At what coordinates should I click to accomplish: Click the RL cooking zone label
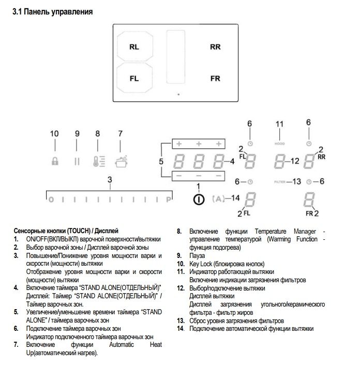134,47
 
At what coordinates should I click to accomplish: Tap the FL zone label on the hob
134,79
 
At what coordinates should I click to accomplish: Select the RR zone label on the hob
215,47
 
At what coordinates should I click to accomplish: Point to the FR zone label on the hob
215,79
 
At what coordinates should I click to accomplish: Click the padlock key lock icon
55,161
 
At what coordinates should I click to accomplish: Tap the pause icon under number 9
77,161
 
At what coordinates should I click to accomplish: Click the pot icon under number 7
120,160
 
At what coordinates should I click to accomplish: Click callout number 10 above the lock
54,134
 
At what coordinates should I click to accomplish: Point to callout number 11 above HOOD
280,124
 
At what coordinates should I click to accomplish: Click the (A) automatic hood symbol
219,198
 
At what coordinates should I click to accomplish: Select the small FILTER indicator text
280,181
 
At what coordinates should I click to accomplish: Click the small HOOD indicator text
280,143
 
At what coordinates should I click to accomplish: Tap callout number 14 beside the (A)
236,198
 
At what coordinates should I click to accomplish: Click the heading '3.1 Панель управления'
52,11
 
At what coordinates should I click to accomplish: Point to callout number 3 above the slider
109,179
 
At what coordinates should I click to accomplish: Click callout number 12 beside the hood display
295,161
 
